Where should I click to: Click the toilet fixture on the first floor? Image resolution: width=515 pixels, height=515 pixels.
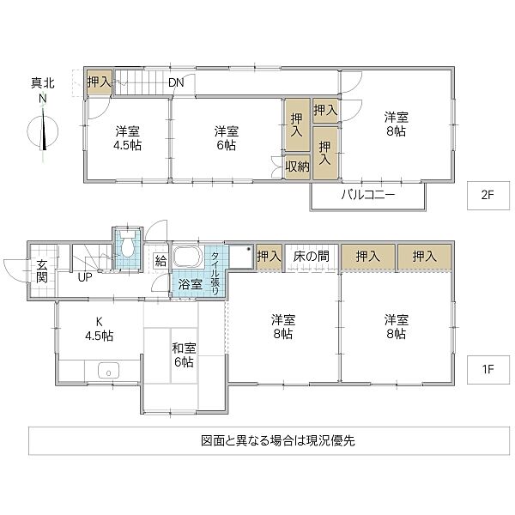click(126, 247)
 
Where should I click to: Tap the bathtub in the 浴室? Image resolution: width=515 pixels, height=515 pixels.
click(187, 257)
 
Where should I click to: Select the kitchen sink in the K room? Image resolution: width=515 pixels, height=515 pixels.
click(108, 372)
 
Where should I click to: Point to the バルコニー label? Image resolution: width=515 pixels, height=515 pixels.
click(367, 195)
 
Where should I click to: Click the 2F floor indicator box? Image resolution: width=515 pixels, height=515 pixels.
click(488, 195)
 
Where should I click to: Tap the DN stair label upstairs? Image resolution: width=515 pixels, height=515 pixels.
click(176, 83)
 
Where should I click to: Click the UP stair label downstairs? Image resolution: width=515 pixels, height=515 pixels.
click(86, 277)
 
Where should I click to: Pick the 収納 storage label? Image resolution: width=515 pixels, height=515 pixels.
click(297, 167)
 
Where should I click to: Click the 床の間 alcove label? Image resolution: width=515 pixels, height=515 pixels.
click(311, 256)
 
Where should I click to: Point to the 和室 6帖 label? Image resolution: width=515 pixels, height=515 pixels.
click(183, 354)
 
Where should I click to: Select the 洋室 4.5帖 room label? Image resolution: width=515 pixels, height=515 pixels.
click(128, 138)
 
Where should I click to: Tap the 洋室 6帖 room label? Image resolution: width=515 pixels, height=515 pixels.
click(226, 138)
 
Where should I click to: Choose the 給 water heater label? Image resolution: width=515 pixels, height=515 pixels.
click(161, 259)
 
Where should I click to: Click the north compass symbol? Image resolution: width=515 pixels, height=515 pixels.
click(43, 131)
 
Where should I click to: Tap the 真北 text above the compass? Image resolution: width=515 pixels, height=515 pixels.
click(42, 83)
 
